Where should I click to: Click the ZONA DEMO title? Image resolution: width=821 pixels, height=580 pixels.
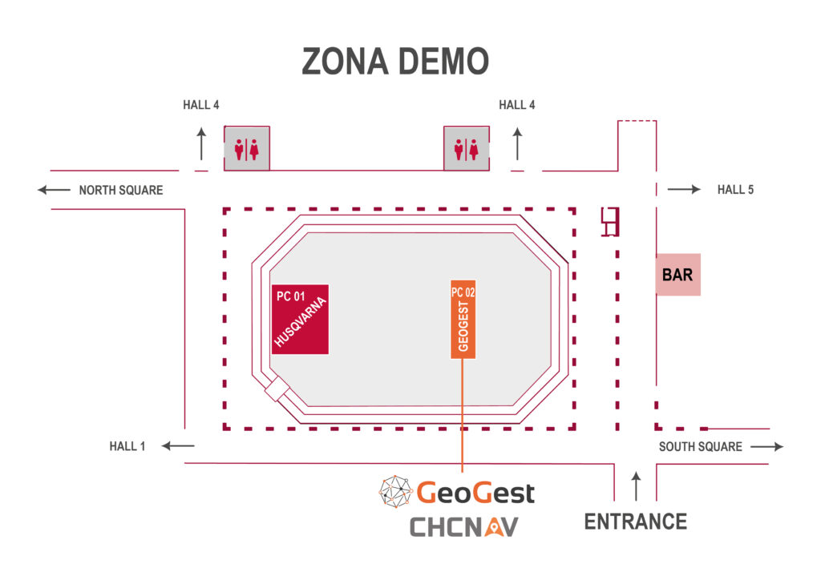tap(395, 62)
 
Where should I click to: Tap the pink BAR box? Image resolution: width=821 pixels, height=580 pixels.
tap(677, 275)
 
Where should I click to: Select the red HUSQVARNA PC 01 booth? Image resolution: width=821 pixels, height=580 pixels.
tap(300, 319)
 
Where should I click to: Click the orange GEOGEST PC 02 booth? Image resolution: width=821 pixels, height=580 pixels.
tap(463, 320)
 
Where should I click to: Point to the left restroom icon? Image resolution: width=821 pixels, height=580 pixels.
tap(246, 148)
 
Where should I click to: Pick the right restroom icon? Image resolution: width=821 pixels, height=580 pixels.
tap(467, 148)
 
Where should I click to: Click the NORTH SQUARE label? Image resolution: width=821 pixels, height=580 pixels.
tap(120, 191)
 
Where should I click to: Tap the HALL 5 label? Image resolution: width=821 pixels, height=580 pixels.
tap(735, 190)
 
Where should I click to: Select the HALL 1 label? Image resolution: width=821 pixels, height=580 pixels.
tap(127, 446)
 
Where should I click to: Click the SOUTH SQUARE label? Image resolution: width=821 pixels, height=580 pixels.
tap(700, 446)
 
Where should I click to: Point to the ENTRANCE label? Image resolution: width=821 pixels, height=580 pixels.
tap(636, 522)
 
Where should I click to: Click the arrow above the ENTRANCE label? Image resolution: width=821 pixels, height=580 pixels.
tap(637, 486)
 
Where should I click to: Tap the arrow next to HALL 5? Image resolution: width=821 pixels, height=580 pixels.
tap(684, 190)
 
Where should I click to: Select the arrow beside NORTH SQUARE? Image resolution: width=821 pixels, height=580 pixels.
tap(54, 191)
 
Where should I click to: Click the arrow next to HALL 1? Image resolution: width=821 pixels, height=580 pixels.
tap(178, 446)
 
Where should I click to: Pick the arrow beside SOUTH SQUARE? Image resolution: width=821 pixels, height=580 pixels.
tap(767, 446)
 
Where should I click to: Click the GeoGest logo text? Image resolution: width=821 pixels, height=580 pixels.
tap(475, 492)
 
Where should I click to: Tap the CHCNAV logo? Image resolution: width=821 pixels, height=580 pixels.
tap(464, 526)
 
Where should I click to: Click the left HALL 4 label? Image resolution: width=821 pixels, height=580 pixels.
tap(200, 105)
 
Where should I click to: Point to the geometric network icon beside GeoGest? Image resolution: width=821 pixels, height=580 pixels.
tap(396, 492)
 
